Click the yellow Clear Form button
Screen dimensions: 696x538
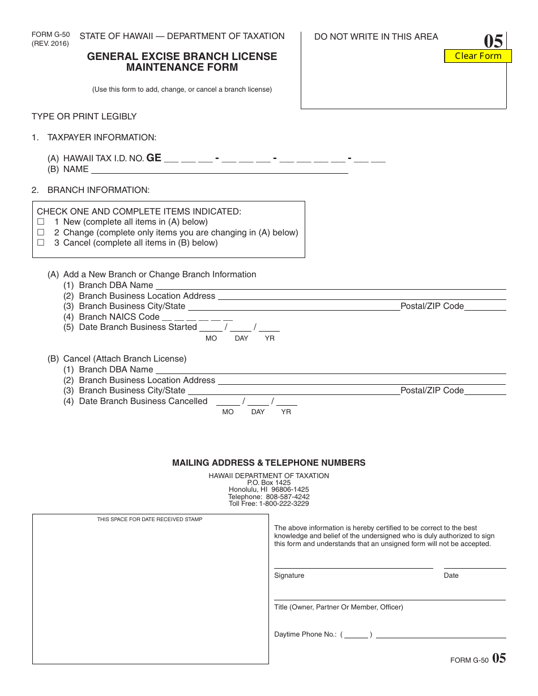pos(478,55)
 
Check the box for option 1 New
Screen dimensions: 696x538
pos(41,222)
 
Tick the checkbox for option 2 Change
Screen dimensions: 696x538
pos(41,233)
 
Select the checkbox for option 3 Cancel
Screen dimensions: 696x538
pos(41,243)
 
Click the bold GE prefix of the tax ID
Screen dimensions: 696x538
pos(154,158)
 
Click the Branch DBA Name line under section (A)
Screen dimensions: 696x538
pos(330,286)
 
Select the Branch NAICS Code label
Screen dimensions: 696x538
pos(119,317)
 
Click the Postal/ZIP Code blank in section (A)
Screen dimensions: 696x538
pos(485,307)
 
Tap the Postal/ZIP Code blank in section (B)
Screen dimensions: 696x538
pos(485,391)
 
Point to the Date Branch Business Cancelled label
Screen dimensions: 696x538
pos(143,401)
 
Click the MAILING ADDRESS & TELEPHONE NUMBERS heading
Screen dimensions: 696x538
pos(269,463)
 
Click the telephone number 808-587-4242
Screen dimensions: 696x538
pos(288,497)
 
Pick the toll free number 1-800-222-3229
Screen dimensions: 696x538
pos(284,504)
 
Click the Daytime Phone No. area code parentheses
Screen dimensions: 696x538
pos(356,635)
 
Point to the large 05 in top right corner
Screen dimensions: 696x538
pos(493,42)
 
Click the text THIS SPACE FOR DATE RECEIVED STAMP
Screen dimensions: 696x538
pos(150,519)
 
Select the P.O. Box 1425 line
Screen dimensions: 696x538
pos(269,483)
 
